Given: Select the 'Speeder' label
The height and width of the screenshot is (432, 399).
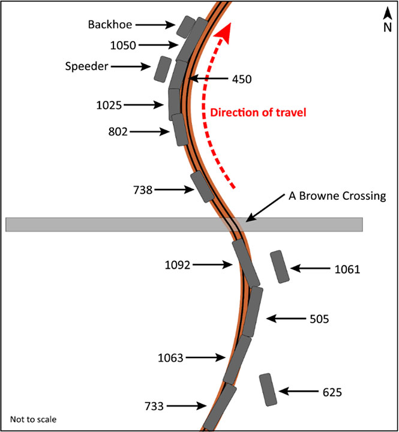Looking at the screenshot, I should [x=86, y=66].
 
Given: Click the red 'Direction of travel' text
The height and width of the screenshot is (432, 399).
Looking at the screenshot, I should [x=257, y=112].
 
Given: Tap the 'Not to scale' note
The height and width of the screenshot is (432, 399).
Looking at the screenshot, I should [x=33, y=419].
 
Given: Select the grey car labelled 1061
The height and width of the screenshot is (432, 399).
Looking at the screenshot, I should [x=280, y=266].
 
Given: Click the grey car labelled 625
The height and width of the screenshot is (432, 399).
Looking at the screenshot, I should [x=268, y=389].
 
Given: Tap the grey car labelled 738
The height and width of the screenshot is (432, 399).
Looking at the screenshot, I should [x=202, y=186].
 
